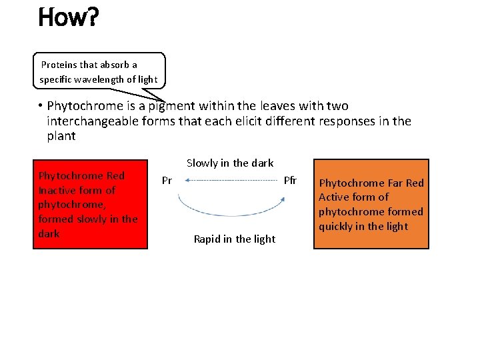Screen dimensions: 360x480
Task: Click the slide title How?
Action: (69, 17)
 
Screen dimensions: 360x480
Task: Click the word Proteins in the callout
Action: (59, 65)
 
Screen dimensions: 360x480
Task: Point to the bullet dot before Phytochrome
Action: (40, 106)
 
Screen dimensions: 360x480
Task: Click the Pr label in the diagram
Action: (167, 181)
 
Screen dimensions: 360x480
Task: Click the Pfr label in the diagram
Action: (290, 181)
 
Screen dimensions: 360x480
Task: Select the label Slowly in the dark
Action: (230, 163)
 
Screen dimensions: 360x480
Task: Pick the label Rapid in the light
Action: (234, 239)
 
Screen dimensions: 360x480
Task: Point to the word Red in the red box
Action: (115, 176)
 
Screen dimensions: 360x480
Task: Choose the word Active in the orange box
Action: (333, 197)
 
